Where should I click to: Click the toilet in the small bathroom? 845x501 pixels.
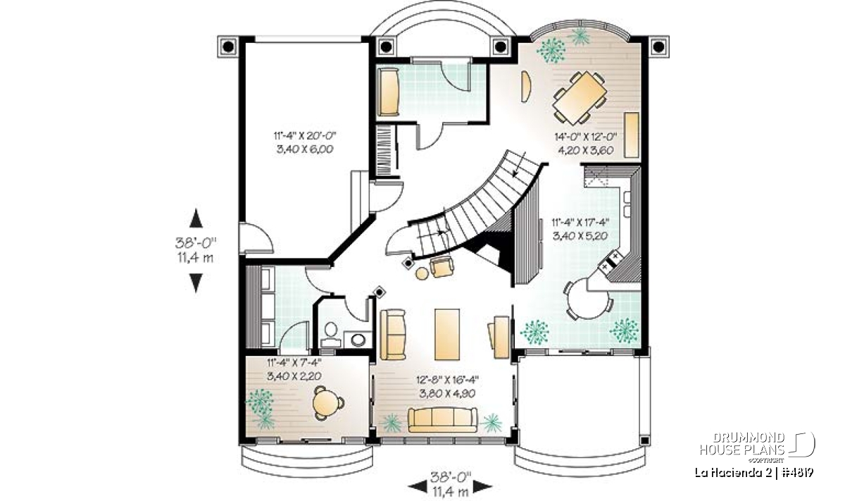(x=331, y=334)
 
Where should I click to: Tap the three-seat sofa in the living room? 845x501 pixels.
(x=442, y=419)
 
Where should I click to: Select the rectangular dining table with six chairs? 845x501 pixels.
(x=580, y=98)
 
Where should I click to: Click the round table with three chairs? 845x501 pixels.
(x=327, y=403)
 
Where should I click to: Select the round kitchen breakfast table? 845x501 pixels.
(x=588, y=299)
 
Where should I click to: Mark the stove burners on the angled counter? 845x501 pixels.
(x=610, y=261)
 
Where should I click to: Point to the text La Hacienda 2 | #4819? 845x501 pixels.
(x=754, y=473)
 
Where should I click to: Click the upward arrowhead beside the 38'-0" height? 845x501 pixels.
(x=196, y=218)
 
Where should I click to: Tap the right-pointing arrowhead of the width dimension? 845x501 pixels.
(x=483, y=487)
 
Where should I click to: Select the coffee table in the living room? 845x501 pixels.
(x=447, y=335)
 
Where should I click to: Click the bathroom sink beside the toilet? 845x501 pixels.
(x=357, y=340)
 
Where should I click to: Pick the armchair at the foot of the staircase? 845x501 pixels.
(x=442, y=267)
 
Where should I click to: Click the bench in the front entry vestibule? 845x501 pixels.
(x=388, y=92)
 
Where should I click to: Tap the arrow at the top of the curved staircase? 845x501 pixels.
(x=519, y=164)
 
